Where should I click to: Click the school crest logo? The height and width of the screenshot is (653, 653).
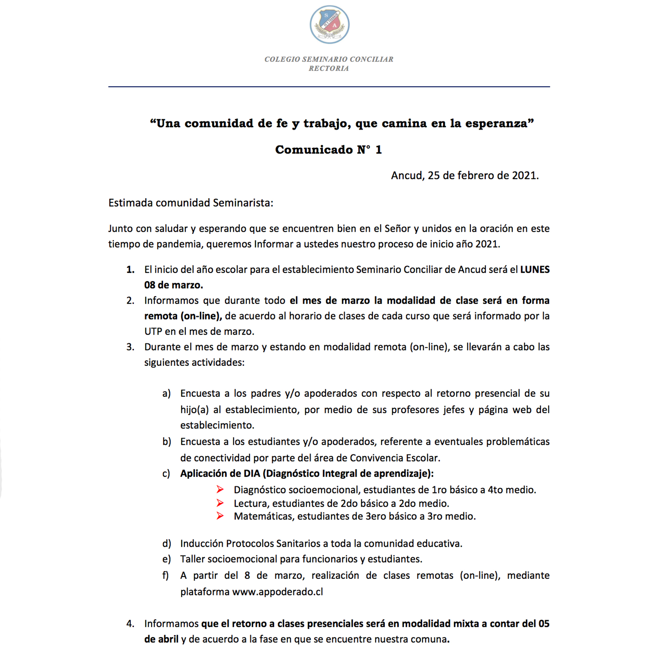(329, 24)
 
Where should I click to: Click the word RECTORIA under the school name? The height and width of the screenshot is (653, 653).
(329, 68)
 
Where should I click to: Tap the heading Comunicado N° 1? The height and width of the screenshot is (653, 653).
(329, 150)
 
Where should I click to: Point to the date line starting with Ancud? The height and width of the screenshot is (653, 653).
(465, 175)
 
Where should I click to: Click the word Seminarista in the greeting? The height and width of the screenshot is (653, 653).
(243, 203)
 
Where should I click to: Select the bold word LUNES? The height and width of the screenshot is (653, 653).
(535, 269)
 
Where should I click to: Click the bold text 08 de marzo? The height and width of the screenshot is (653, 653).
(173, 285)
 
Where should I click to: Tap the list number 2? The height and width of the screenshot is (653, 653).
(130, 301)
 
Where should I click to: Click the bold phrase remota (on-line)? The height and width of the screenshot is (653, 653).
(183, 316)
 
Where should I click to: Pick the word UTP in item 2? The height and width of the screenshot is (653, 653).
(153, 332)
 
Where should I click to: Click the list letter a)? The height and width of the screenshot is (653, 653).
(166, 394)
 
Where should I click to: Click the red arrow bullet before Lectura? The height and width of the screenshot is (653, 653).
(220, 503)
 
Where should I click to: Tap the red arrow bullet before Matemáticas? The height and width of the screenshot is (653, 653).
(220, 516)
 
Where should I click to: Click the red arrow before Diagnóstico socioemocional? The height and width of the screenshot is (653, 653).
(220, 489)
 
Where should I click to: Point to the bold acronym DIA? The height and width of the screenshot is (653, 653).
(252, 473)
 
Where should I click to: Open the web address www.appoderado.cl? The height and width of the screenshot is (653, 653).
(278, 592)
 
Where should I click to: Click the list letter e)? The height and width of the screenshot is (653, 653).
(166, 559)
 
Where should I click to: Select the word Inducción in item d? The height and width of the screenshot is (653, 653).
(202, 543)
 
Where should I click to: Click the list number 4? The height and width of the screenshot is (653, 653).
(130, 624)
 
